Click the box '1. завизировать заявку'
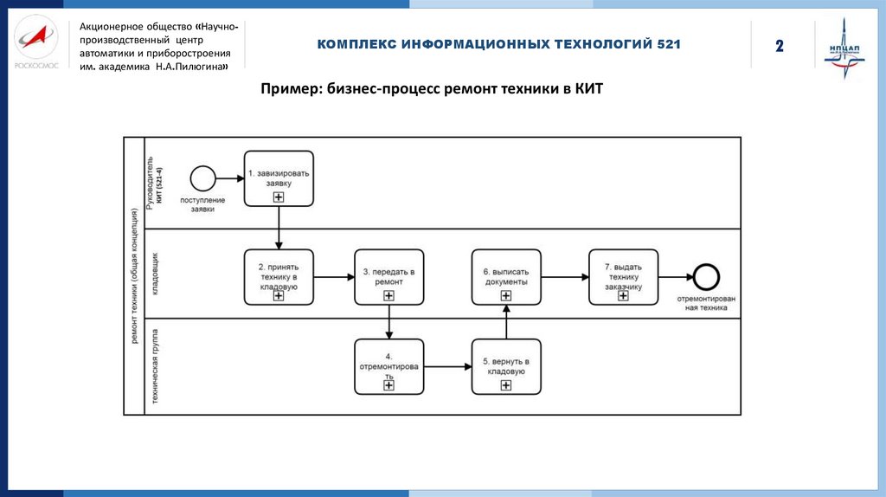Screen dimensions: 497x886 [x=279, y=178]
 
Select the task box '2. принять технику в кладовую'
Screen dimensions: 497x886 [x=279, y=277]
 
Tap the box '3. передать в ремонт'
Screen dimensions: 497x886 [x=388, y=277]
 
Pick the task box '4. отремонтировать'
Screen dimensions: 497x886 [x=388, y=366]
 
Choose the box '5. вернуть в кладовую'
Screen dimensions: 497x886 [x=506, y=366]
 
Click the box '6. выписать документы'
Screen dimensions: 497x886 [x=506, y=277]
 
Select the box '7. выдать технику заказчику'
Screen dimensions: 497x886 [x=623, y=277]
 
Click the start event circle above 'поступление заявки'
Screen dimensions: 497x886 [x=202, y=178]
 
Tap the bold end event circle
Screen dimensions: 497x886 [x=707, y=277]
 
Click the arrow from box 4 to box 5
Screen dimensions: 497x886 [x=447, y=366]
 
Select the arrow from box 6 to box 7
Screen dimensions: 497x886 [x=564, y=277]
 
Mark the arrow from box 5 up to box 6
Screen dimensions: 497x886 [x=506, y=321]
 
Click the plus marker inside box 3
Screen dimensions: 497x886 [x=388, y=296]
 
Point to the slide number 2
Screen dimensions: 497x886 [x=779, y=46]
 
